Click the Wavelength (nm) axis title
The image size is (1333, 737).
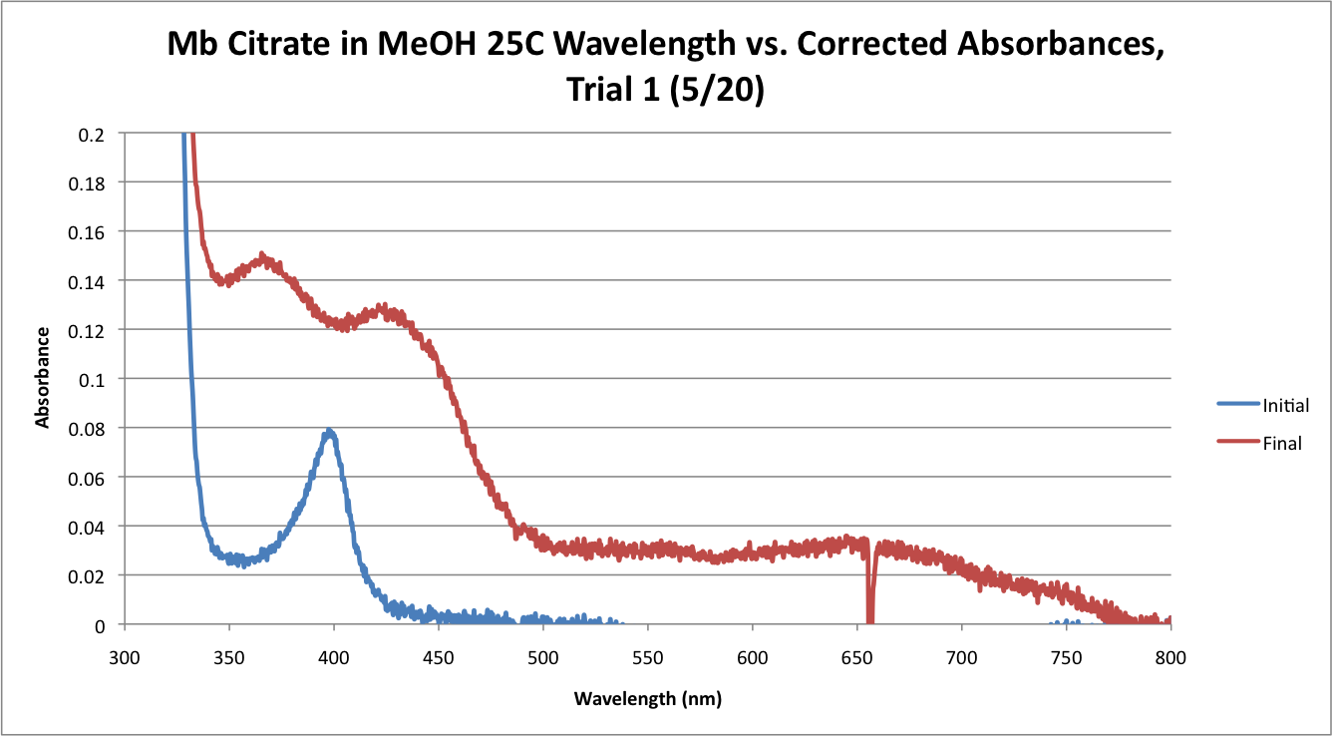647,698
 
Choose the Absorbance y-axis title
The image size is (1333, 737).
43,378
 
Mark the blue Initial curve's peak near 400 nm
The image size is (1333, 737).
329,432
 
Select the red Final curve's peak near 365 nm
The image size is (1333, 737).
263,255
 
